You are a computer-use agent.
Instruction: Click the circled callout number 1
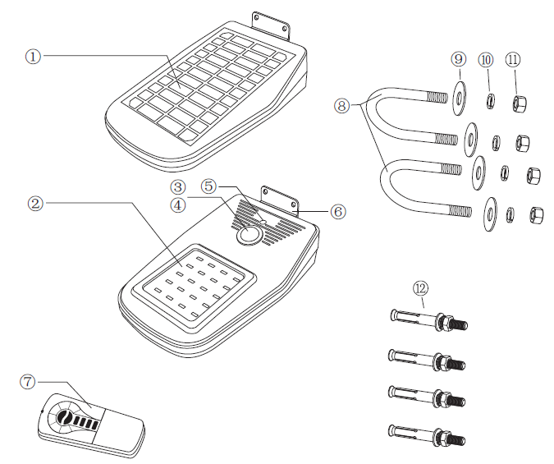coord(33,56)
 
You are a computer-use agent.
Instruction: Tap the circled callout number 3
coord(178,188)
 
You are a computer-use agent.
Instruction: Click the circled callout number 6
coord(337,211)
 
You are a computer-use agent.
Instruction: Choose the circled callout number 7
coord(28,381)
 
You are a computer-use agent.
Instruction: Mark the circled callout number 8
coord(342,105)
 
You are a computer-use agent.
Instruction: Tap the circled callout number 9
coord(458,59)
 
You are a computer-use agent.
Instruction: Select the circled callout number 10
coord(487,59)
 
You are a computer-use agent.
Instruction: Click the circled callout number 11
coord(514,59)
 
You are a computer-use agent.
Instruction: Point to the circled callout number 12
coord(421,288)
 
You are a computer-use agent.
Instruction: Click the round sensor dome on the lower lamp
coord(247,236)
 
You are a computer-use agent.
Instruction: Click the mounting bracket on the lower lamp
coord(280,197)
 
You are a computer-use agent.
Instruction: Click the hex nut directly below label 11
coord(519,103)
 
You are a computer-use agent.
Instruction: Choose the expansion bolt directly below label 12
coord(427,319)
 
